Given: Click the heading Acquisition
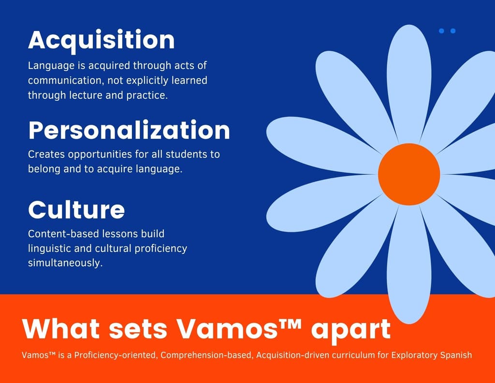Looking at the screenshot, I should (x=101, y=40).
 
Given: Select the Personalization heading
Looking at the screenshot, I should (x=129, y=130).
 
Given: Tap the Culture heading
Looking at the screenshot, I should (x=76, y=210).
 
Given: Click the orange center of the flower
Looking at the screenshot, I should (x=409, y=174).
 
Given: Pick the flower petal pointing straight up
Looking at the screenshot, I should (x=409, y=82).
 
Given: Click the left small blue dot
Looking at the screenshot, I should (x=441, y=31).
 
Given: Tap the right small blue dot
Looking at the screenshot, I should (x=453, y=31).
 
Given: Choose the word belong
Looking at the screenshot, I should (x=44, y=170).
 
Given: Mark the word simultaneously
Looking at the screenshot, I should (x=65, y=264).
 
